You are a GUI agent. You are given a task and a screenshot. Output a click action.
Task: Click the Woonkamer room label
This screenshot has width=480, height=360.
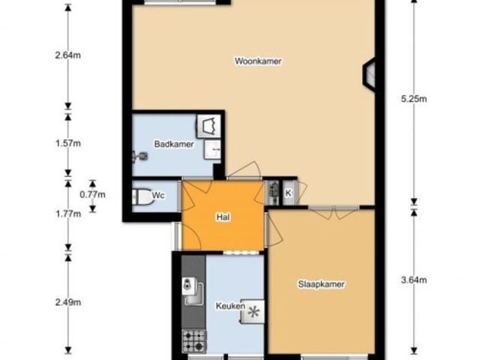258,61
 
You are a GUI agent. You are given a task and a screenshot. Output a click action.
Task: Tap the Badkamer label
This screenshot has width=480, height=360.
174,144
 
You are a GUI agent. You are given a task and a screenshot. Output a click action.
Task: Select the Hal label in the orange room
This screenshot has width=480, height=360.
223,217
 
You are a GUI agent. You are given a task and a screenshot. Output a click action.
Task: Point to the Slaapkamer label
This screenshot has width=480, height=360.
321,284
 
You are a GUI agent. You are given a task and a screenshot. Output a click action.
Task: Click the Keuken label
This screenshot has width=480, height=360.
230,306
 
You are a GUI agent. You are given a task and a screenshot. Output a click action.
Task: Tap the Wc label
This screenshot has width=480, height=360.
158,195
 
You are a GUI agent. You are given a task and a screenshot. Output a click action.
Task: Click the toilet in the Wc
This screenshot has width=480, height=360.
142,196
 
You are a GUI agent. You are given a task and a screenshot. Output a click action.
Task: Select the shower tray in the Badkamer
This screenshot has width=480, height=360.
208,126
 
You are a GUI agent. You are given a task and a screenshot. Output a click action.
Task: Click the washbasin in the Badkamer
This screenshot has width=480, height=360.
212,150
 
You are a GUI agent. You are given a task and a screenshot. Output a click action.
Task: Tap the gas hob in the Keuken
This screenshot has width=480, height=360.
194,341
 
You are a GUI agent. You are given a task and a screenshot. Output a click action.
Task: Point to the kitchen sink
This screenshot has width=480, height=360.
193,291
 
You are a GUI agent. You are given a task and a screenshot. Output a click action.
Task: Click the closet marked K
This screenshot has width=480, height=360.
289,193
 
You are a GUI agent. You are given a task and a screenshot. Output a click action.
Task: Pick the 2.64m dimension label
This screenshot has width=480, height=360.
68,55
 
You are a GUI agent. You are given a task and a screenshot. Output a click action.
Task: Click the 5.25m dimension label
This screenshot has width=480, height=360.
414,99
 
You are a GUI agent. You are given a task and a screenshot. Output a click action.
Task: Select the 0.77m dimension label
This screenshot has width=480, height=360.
92,194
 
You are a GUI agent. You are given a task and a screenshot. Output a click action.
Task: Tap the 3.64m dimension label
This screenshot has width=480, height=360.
414,280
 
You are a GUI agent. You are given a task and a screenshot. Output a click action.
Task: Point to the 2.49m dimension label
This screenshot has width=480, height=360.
68,302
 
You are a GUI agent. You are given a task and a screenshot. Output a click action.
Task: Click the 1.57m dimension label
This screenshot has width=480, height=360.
68,143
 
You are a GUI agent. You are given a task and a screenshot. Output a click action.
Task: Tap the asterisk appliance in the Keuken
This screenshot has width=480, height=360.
253,312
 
